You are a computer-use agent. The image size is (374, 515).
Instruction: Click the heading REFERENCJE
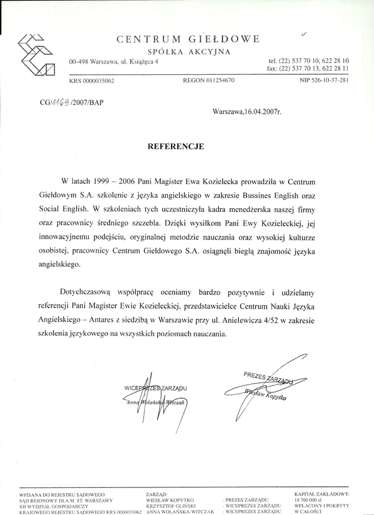(175, 145)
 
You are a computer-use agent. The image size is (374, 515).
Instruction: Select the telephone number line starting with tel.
(309, 60)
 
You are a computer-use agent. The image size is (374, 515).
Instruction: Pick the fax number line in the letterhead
(309, 68)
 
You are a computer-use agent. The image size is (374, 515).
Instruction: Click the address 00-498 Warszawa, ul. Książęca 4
(114, 61)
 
